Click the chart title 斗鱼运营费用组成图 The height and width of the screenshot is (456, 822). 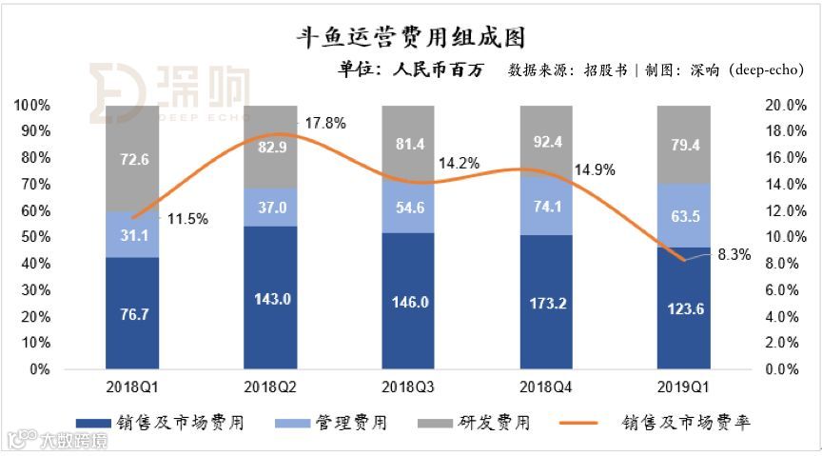(x=411, y=37)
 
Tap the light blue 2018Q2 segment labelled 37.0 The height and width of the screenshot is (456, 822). (x=270, y=207)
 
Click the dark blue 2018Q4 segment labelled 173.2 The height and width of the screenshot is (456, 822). (x=546, y=303)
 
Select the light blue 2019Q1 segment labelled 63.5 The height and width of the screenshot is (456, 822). (x=684, y=215)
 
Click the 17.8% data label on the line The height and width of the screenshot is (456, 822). (x=324, y=123)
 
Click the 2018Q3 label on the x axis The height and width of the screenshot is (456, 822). (x=408, y=387)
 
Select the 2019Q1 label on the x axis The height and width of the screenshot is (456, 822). (x=684, y=387)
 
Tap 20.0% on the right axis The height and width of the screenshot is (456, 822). (x=787, y=104)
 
